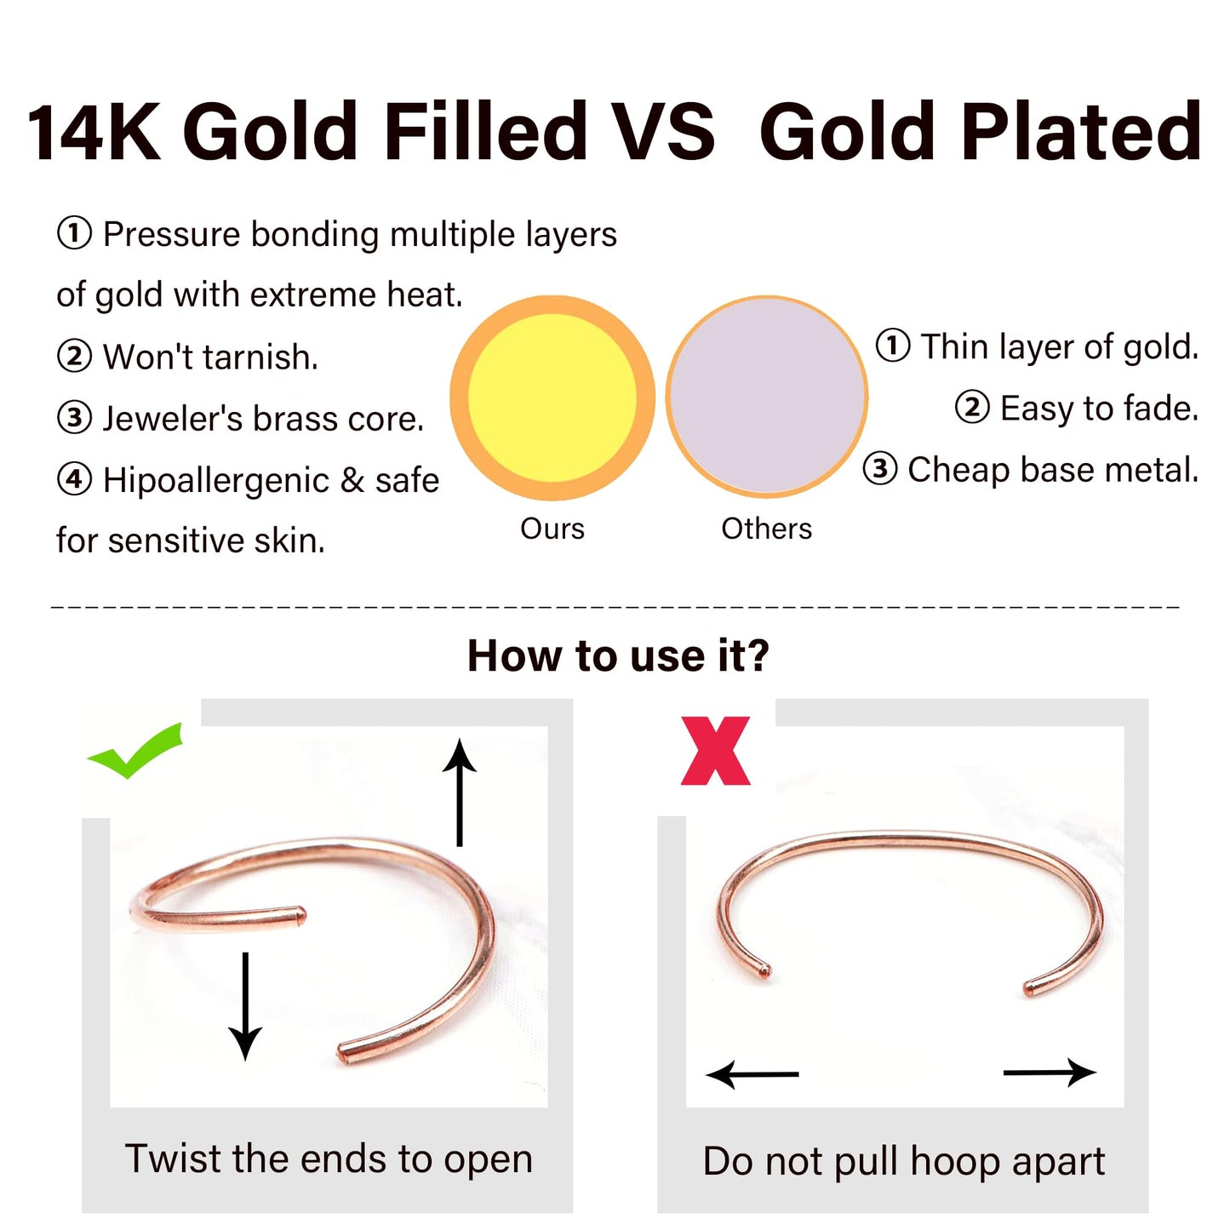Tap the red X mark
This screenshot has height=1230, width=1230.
(x=715, y=751)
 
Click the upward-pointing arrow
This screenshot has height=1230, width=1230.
(x=460, y=792)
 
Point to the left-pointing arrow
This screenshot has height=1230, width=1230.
(x=752, y=1074)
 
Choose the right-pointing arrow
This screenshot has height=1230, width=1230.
(x=1050, y=1073)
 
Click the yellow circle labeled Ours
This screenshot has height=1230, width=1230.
(x=552, y=398)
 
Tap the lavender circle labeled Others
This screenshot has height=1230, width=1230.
(x=766, y=396)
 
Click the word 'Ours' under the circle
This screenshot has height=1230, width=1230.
(x=552, y=529)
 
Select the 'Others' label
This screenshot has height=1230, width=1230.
(x=766, y=529)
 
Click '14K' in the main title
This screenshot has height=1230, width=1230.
(x=94, y=132)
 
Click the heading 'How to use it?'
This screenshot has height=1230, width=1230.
(x=618, y=656)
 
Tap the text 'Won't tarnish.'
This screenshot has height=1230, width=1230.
(x=210, y=358)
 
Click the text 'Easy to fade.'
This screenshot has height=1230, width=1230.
(x=1099, y=409)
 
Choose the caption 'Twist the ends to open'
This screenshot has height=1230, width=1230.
(x=329, y=1159)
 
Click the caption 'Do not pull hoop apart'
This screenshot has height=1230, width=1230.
(x=903, y=1161)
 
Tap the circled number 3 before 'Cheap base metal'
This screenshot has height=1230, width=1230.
(x=880, y=469)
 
